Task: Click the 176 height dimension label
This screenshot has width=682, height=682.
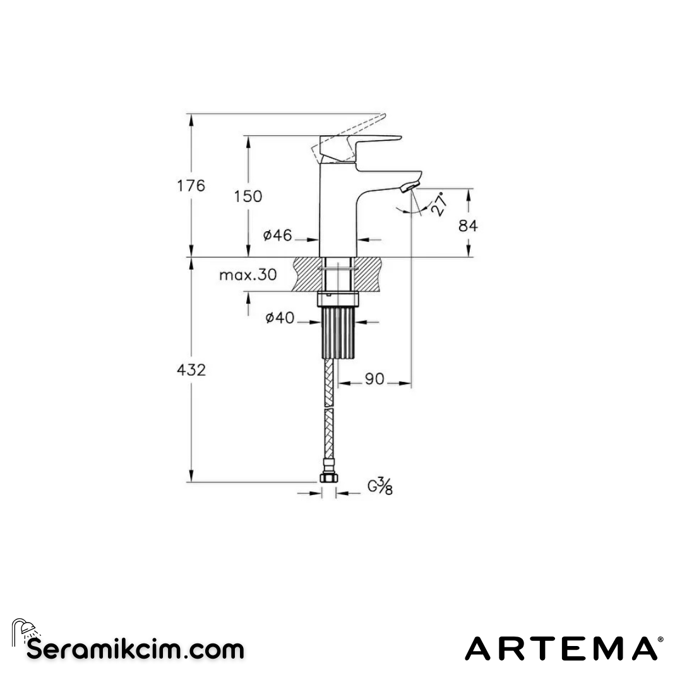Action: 191,186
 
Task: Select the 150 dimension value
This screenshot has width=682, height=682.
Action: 248,196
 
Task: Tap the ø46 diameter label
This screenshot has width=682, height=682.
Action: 278,236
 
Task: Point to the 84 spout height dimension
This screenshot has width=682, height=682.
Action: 468,225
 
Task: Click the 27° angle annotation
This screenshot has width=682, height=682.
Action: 440,205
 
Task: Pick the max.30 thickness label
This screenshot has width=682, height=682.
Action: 248,275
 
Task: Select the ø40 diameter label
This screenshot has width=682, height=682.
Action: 279,318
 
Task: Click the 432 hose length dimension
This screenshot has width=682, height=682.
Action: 191,370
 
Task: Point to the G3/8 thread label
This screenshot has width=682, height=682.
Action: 380,487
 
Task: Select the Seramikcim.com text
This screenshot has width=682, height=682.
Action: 135,649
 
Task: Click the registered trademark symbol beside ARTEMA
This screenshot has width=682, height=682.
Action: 661,640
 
